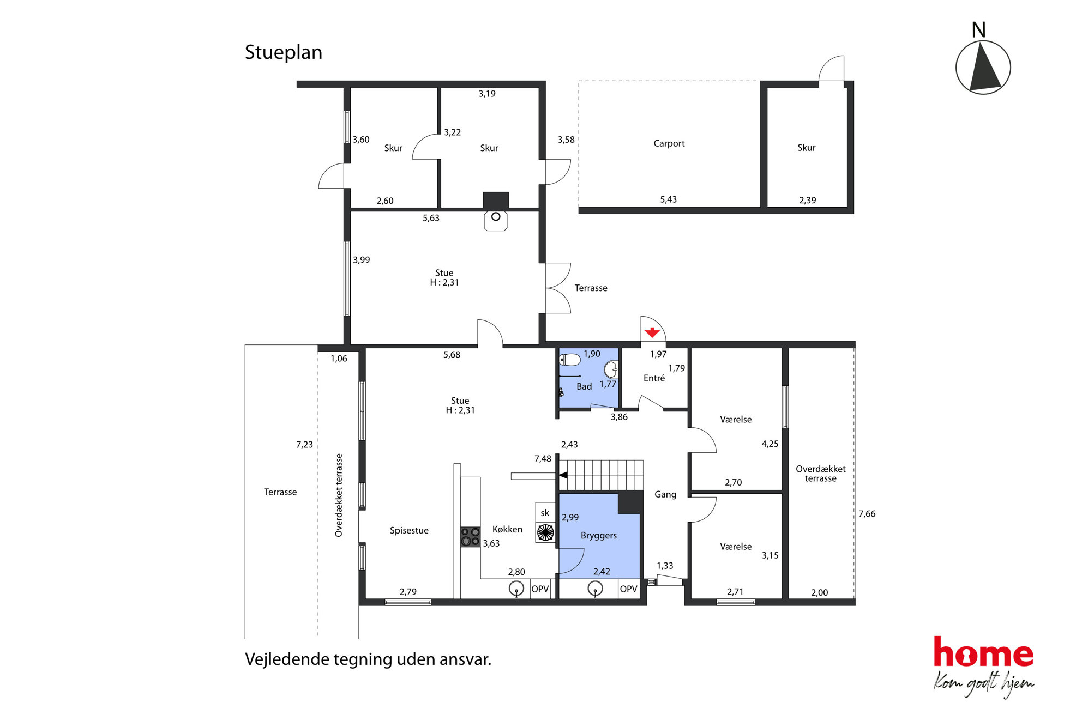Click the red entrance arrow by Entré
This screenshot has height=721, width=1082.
(652, 332)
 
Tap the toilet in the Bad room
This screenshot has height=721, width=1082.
(569, 360)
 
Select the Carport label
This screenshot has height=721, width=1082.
(669, 143)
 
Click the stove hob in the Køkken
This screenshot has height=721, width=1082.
(470, 537)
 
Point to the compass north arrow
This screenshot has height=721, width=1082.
(984, 67)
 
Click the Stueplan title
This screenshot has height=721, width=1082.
(284, 52)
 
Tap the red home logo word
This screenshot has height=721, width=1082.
(983, 652)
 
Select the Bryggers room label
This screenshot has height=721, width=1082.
(599, 536)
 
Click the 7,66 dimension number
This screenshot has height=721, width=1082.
(867, 514)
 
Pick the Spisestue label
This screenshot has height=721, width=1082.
(409, 531)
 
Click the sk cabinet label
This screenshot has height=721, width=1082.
(545, 513)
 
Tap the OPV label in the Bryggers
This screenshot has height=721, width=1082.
(628, 589)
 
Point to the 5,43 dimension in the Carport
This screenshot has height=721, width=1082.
(668, 199)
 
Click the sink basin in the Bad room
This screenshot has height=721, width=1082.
(611, 369)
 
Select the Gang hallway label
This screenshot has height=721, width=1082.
(665, 495)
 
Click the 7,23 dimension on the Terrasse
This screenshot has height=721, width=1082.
(304, 445)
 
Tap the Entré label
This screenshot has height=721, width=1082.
(654, 378)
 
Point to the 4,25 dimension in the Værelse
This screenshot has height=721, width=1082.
(770, 444)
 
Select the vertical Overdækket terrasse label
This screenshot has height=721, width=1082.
(339, 495)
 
